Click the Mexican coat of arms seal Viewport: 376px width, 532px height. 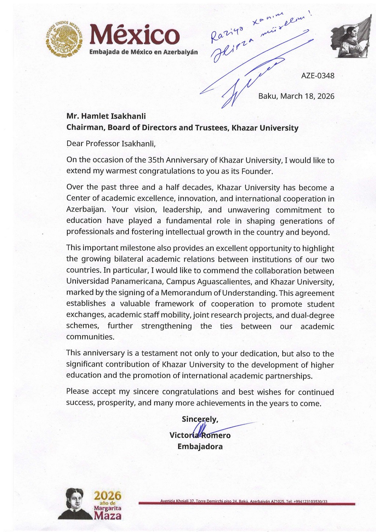[65, 38]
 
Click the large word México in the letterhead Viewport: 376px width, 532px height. [134, 35]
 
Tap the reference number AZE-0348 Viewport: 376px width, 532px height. [318, 76]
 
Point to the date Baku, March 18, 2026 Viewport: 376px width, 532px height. [296, 96]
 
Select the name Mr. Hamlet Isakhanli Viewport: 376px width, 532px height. [106, 116]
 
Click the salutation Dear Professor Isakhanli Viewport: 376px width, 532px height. [111, 144]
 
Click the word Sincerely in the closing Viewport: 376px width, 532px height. [200, 419]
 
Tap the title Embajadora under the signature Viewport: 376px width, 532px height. [200, 447]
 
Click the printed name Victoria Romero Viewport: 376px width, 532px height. [200, 436]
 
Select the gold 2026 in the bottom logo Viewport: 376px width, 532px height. [108, 496]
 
